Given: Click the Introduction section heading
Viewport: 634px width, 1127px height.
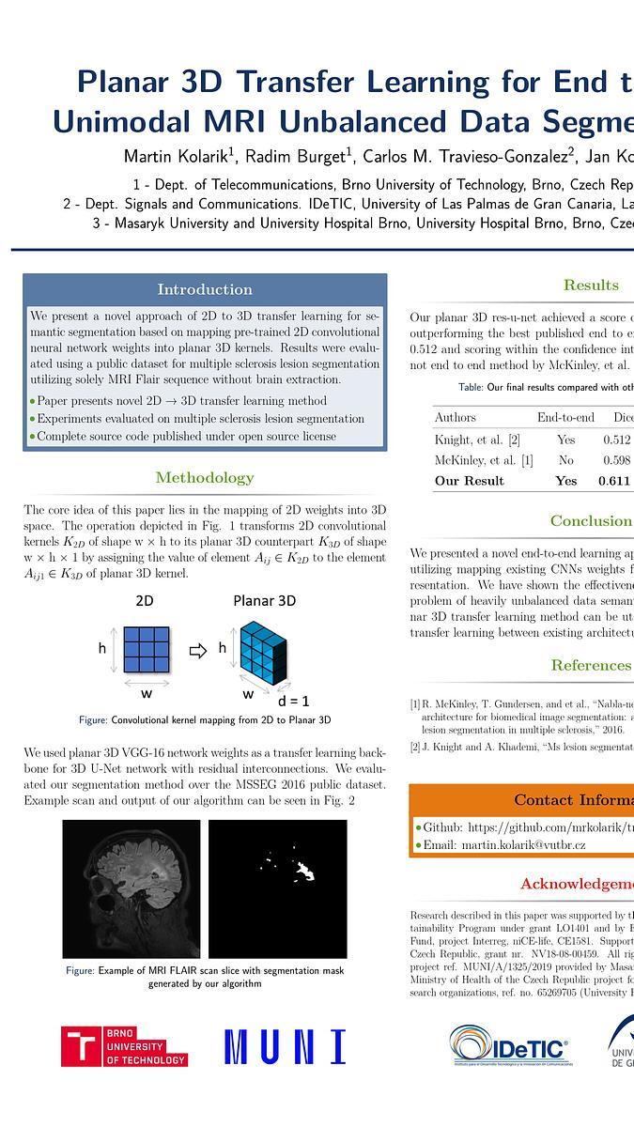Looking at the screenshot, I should click(x=205, y=289).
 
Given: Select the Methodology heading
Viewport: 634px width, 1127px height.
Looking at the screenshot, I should click(x=205, y=478).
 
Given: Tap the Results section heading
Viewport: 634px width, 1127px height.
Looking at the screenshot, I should click(x=591, y=285).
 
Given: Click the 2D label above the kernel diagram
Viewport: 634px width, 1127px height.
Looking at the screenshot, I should click(x=145, y=600).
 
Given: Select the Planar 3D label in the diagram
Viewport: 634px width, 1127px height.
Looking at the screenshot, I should click(x=265, y=600).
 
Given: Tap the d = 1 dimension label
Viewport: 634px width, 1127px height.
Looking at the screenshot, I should click(x=293, y=701).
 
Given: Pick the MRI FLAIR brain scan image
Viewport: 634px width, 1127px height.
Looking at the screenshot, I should click(x=131, y=888).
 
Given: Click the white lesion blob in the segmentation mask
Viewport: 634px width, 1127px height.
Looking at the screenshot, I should click(x=304, y=872).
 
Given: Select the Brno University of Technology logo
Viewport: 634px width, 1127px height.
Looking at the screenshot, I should click(x=124, y=1046).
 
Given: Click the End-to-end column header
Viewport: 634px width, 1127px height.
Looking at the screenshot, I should click(x=565, y=417).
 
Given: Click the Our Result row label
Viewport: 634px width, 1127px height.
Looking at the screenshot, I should click(x=469, y=481).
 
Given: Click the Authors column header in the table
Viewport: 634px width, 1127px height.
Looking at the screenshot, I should click(x=455, y=417).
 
